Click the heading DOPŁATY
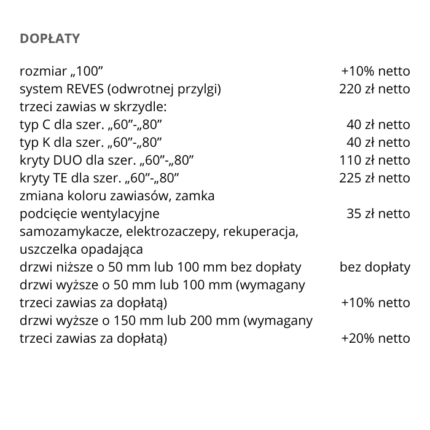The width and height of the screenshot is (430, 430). pos(50,39)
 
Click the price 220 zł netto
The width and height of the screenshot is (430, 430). pos(374,89)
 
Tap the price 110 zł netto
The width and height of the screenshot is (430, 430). pos(374,160)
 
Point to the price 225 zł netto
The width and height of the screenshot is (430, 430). pos(374,178)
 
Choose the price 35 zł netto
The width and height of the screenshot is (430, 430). pos(378,214)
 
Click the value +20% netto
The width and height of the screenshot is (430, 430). pos(375,338)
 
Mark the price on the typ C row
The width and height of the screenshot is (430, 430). pos(378,125)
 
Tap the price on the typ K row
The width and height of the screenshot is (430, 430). pos(378,143)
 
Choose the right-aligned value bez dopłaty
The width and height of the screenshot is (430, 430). pos(375,268)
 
